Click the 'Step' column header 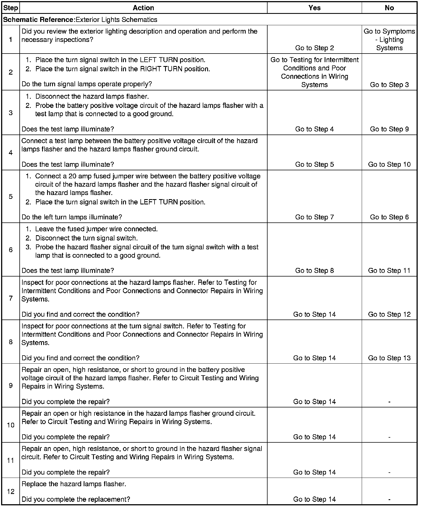point(11,8)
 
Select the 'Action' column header point(143,8)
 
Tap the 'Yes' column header point(314,8)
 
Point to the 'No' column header point(389,8)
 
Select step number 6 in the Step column point(11,250)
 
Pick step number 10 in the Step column point(11,425)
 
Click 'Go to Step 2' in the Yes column point(314,48)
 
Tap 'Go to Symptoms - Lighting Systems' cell point(389,40)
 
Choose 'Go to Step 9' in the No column point(389,129)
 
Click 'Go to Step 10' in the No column point(389,164)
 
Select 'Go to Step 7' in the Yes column point(314,217)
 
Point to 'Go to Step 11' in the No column point(389,270)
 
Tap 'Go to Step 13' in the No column point(389,358)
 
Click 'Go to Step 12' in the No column point(389,314)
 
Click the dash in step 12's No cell point(389,500)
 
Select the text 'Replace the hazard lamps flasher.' point(74,484)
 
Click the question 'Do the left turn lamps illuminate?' point(72,217)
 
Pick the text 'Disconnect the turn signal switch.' point(86,238)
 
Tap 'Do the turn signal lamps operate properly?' point(87,84)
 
